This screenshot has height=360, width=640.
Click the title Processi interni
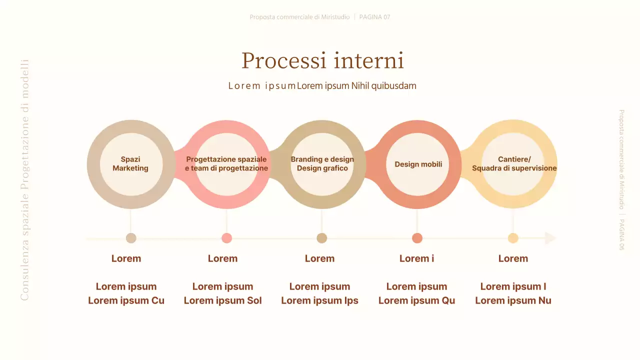point(322,60)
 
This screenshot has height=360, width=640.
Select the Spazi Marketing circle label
point(130,164)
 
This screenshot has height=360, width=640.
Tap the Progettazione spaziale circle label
point(226,164)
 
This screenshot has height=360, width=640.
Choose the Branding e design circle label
point(322,164)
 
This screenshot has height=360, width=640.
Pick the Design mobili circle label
point(418,164)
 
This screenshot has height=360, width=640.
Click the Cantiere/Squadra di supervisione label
point(514,164)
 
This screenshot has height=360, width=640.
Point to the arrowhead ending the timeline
point(550,238)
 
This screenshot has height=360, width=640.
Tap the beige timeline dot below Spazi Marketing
point(131,238)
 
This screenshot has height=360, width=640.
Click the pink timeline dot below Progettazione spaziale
point(226,238)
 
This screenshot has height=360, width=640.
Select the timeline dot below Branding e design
point(322,238)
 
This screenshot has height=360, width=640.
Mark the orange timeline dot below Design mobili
point(417,238)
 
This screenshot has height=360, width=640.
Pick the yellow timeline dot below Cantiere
point(513,238)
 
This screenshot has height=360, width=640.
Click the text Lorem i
point(416,258)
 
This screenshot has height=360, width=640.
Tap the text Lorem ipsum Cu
point(126,300)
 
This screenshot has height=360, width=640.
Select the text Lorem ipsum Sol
point(222,300)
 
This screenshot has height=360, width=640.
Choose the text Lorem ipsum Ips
point(319,300)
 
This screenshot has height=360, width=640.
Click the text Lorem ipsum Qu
point(416,300)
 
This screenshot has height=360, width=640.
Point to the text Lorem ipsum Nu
point(513,300)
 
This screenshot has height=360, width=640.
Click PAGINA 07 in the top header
point(374,17)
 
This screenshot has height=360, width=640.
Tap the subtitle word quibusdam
point(393,85)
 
